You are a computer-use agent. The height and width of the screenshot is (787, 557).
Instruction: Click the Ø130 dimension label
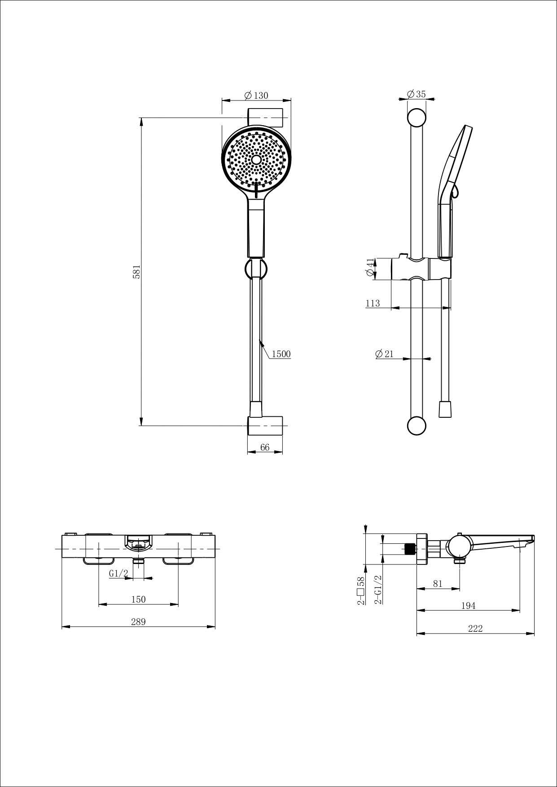(x=256, y=96)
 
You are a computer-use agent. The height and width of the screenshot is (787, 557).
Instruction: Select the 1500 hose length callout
(x=281, y=354)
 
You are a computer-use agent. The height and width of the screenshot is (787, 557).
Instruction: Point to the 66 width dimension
(x=265, y=447)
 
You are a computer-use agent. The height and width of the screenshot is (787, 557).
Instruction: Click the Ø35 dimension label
(x=416, y=94)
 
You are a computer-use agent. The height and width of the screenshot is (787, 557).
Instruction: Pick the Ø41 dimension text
(x=370, y=268)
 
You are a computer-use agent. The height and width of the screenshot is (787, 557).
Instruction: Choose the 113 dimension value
(x=373, y=303)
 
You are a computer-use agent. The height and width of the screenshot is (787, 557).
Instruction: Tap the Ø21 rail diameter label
(x=384, y=354)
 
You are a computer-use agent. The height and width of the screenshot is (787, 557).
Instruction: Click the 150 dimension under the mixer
(x=138, y=599)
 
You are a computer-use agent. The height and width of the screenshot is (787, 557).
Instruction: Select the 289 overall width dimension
(x=138, y=621)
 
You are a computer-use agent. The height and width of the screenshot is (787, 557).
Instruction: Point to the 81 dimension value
(x=438, y=584)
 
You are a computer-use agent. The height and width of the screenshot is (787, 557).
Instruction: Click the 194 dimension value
(x=468, y=606)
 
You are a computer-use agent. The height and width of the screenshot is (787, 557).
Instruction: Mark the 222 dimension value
(x=475, y=629)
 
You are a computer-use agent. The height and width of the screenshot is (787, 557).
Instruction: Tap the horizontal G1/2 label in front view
(x=118, y=573)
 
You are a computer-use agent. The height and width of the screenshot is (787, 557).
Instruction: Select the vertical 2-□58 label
(x=360, y=590)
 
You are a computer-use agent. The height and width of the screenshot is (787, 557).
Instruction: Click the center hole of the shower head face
(x=256, y=160)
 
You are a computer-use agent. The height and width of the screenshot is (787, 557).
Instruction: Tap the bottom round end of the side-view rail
(x=417, y=426)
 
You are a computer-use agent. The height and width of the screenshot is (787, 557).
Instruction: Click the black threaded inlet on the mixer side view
(x=409, y=549)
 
